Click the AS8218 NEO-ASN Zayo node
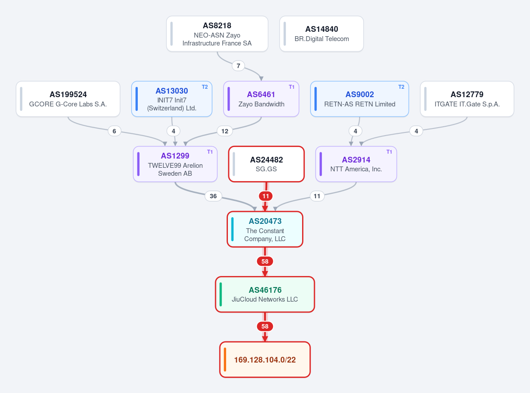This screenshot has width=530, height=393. [x=217, y=34]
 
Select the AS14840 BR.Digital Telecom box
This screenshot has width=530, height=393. [x=322, y=34]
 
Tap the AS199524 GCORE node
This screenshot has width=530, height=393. [x=68, y=99]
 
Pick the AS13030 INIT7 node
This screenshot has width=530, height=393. [x=171, y=99]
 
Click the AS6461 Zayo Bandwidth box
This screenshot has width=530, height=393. [x=261, y=99]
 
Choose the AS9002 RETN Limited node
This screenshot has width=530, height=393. [x=360, y=99]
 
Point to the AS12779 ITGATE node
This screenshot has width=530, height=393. [x=467, y=99]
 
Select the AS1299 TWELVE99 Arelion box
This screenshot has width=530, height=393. [x=175, y=164]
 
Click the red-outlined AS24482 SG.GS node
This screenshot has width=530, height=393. [x=266, y=164]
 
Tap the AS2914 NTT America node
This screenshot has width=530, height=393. [x=356, y=164]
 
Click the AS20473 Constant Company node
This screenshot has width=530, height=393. [x=265, y=229]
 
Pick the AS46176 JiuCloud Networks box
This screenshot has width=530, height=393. [x=265, y=295]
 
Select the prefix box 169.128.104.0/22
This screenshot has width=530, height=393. [x=265, y=359]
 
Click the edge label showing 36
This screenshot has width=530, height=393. [x=213, y=196]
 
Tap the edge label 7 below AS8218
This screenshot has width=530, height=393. [x=238, y=66]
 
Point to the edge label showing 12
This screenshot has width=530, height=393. [x=225, y=131]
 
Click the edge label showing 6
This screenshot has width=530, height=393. [x=114, y=131]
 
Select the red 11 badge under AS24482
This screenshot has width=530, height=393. [x=266, y=196]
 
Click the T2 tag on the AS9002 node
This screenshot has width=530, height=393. [x=401, y=87]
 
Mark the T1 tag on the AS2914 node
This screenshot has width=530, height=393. [x=389, y=152]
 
